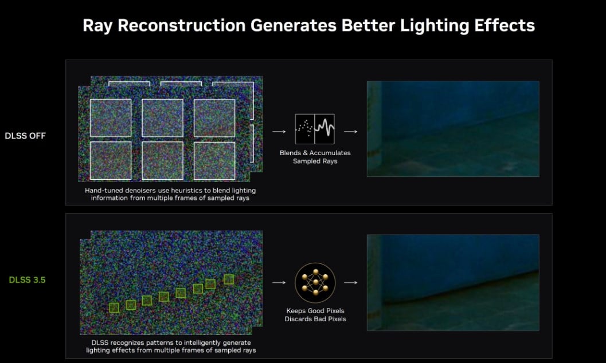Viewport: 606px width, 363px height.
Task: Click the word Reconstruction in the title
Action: coord(181,25)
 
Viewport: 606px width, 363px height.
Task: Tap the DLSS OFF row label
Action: coord(25,136)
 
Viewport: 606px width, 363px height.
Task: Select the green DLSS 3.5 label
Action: coord(27,279)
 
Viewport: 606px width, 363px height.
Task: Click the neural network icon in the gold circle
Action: coord(315,283)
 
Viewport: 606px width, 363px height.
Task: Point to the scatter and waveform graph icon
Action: coord(315,129)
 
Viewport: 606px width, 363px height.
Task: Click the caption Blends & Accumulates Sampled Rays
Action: coord(315,157)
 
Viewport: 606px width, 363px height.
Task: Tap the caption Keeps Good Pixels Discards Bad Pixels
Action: coord(315,315)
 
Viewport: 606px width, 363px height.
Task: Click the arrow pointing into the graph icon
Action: coord(279,132)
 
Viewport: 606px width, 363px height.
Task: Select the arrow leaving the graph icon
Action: coord(350,132)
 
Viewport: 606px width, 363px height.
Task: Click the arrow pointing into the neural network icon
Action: coord(279,282)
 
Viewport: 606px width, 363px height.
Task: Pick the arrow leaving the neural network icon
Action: coord(350,282)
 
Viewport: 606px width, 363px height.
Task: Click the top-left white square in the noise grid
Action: coord(111,118)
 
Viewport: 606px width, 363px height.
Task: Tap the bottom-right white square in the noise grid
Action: coord(214,160)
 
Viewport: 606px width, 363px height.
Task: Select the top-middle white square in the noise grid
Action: coord(162,118)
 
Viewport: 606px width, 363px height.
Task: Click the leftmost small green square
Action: coord(114,307)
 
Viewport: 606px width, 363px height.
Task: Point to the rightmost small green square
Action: coord(229,279)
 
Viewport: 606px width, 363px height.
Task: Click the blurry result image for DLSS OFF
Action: coord(453,129)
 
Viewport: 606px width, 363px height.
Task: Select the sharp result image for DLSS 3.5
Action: coord(453,282)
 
